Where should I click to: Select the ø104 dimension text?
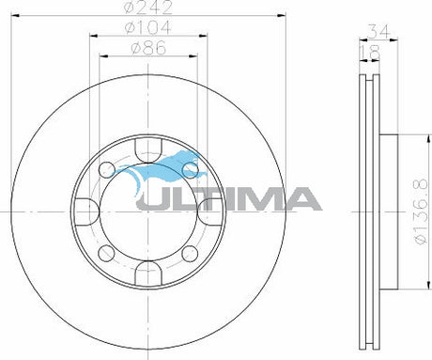pyautogui.click(x=149, y=30)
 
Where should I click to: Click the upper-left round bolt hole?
pyautogui.click(x=107, y=169)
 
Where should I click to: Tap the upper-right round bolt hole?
pyautogui.click(x=192, y=169)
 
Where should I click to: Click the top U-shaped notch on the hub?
pyautogui.click(x=149, y=148)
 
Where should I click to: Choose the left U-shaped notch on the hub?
pyautogui.click(x=86, y=211)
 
